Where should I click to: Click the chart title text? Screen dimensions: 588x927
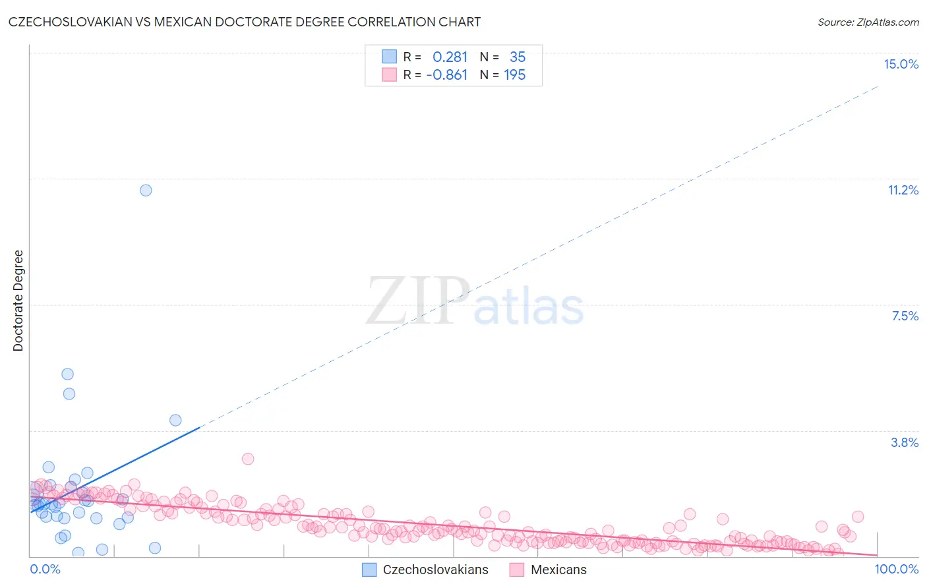245,22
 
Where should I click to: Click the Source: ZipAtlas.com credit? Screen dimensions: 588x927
868,22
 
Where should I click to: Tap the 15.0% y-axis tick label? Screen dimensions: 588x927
901,64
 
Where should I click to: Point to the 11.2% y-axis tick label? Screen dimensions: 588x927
903,190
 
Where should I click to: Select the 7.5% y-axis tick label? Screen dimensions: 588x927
905,316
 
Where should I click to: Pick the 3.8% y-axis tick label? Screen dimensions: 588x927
905,442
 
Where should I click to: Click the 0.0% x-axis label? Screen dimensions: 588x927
45,569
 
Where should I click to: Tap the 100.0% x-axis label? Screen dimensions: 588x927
896,569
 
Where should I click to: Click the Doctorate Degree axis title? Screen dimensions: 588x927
18,301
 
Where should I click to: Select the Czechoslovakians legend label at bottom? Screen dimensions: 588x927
435,570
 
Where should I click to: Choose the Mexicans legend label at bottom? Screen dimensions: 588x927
558,570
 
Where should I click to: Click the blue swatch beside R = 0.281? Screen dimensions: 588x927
390,57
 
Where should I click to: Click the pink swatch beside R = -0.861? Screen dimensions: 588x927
390,74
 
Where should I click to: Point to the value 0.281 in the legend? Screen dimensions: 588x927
450,57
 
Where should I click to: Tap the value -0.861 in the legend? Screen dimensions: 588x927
447,74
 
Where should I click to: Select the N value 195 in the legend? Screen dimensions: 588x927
515,74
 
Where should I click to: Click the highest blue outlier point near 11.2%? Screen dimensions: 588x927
146,190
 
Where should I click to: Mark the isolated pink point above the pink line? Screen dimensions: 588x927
248,459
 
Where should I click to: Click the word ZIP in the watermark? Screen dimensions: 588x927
418,301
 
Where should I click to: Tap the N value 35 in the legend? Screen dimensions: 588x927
518,57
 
